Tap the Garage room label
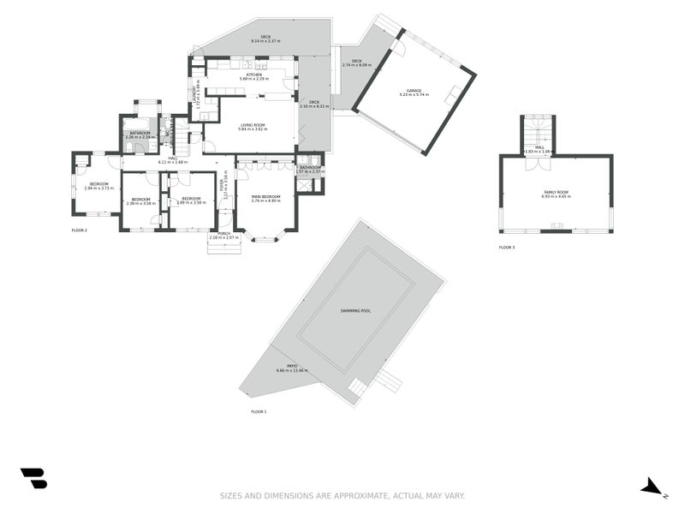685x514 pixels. tap(414, 90)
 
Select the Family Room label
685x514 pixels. tap(556, 192)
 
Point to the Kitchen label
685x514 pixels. tap(253, 75)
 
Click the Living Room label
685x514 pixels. tap(253, 125)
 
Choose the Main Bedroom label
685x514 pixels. tap(266, 197)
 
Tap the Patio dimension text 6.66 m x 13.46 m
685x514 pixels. tap(292, 371)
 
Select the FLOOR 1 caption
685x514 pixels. tap(259, 412)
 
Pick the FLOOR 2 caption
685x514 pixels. tap(80, 230)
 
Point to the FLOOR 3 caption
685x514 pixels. tap(507, 248)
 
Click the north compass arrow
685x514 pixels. tap(653, 487)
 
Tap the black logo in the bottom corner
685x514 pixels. tap(34, 478)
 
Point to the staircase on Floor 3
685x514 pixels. tap(539, 129)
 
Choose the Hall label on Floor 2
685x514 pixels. tap(172, 158)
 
